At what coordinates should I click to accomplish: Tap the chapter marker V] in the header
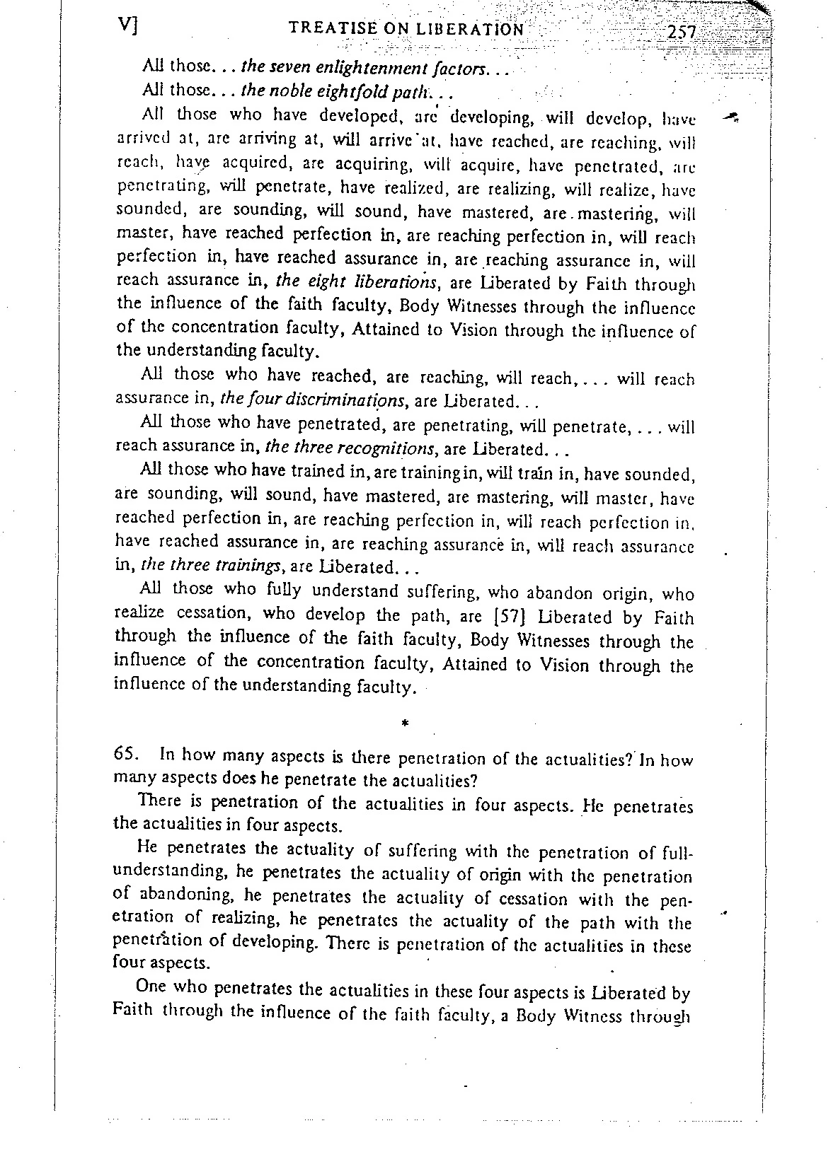128,25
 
